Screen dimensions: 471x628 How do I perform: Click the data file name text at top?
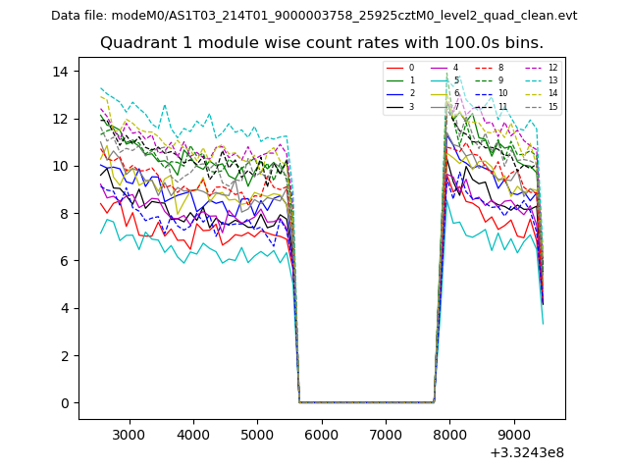pos(314,16)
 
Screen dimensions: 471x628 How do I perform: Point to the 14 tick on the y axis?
pos(60,72)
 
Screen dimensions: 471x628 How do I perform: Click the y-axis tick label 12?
pos(60,119)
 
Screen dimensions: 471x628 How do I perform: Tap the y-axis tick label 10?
pos(60,166)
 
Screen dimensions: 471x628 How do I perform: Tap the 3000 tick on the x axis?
pos(129,434)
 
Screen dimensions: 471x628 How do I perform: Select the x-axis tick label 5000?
pos(257,434)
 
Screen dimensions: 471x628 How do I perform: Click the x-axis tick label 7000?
pos(386,434)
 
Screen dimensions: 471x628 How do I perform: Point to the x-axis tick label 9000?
pos(514,434)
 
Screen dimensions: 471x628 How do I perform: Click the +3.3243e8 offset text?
pos(526,452)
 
